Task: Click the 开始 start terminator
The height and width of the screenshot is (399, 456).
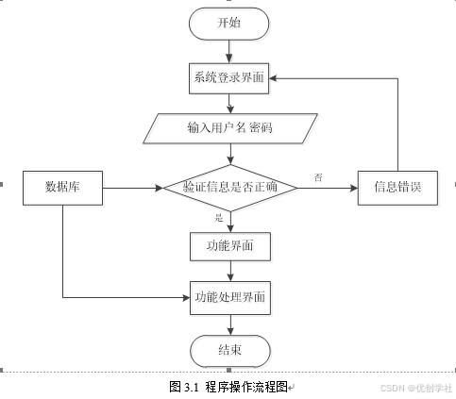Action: (229, 24)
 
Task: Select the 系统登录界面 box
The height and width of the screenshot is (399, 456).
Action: (228, 78)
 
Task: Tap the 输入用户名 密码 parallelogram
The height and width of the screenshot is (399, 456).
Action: (230, 128)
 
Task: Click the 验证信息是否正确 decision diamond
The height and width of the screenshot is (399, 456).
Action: (230, 188)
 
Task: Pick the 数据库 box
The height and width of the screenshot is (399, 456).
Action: (62, 188)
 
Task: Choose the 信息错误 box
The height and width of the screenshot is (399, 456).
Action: (397, 188)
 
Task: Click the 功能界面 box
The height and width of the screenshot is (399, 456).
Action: (230, 246)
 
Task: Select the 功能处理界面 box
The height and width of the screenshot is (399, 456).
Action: (230, 298)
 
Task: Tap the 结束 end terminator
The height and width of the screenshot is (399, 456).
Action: (230, 351)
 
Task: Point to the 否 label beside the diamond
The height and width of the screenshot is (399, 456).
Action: (318, 177)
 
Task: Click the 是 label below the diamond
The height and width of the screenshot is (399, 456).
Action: (219, 218)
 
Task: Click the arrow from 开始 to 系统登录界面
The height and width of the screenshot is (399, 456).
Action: (229, 52)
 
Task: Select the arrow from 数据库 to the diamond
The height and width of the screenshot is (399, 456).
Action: (133, 188)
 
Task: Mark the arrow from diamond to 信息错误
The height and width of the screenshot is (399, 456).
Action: (328, 188)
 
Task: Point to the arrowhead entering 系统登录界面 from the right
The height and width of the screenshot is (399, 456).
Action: (273, 78)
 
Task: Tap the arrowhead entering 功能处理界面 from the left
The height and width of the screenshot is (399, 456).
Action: (186, 297)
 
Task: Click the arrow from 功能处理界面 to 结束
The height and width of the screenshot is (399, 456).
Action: (230, 324)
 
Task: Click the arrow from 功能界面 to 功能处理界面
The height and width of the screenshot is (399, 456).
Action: (230, 271)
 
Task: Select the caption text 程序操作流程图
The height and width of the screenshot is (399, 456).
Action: (246, 387)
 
